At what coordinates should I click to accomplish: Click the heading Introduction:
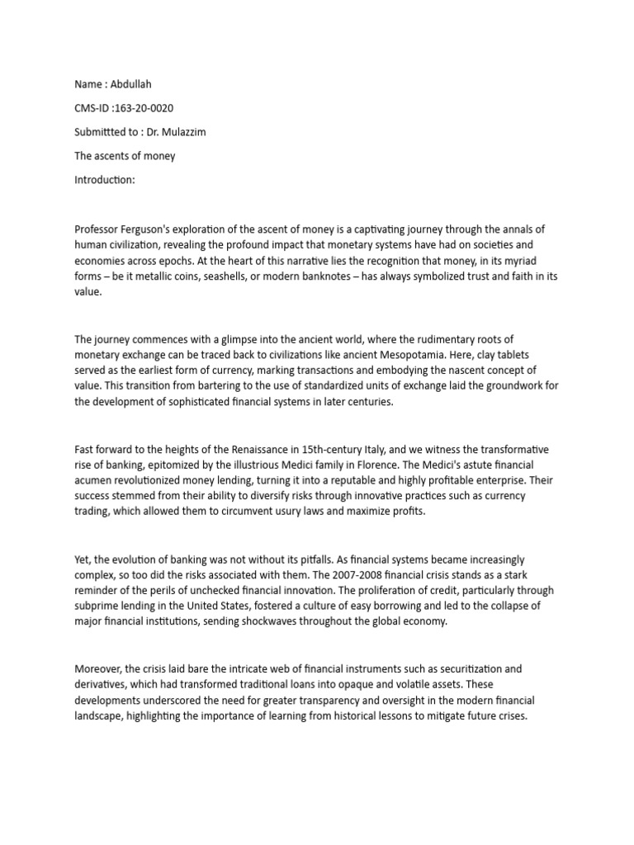(x=104, y=180)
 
